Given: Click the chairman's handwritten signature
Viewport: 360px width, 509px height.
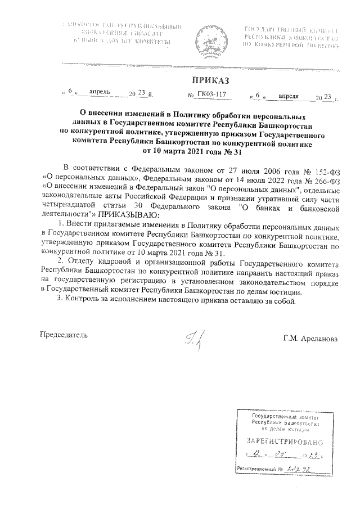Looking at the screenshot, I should coord(193,339).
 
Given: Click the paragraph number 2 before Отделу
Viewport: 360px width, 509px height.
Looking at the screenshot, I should coord(60,263).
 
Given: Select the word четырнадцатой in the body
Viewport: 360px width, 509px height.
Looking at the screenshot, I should coord(69,207).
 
